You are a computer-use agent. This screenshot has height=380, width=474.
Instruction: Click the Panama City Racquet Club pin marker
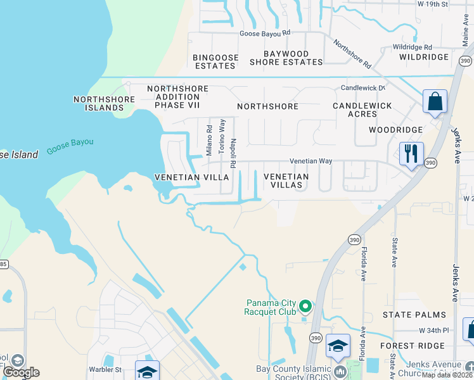(305, 307)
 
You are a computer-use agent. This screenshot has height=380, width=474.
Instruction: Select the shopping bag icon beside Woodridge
(435, 101)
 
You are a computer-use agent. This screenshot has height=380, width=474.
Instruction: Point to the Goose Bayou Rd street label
(264, 33)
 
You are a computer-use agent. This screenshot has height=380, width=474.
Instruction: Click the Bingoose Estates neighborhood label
(215, 61)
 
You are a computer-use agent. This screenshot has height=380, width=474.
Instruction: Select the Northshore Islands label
(104, 103)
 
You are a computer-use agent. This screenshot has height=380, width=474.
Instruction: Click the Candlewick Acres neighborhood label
(362, 110)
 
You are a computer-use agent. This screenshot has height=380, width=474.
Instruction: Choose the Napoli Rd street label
(233, 153)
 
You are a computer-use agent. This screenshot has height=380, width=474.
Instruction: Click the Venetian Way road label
(311, 161)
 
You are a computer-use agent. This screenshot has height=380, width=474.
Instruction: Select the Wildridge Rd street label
(412, 47)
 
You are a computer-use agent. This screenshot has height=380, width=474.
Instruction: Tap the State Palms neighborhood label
(414, 315)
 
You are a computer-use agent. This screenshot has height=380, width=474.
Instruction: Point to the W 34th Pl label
(433, 331)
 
